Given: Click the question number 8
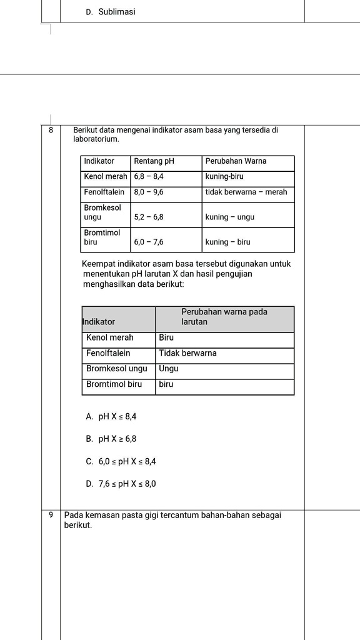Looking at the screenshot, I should tap(51, 130).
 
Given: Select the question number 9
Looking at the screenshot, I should tap(51, 515).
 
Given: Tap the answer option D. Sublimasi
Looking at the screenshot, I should tap(111, 12).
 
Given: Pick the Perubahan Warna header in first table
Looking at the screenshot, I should tap(236, 161).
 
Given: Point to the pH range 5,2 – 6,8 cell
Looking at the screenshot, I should tap(149, 217).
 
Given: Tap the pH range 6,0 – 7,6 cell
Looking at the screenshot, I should tap(149, 242).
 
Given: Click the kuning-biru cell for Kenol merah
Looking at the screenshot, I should tap(224, 177).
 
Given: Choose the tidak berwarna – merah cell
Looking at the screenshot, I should tap(246, 192).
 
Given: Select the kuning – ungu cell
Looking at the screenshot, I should tap(229, 217).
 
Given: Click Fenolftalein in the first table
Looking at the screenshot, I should tap(104, 192).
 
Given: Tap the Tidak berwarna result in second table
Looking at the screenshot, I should tap(187, 353).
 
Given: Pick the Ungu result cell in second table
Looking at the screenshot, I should tap(169, 369).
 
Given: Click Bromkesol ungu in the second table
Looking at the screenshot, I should tap(117, 369).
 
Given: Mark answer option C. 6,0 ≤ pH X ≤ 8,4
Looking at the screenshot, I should tap(121, 462).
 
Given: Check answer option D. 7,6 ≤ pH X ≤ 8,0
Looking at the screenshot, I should tap(121, 484).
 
